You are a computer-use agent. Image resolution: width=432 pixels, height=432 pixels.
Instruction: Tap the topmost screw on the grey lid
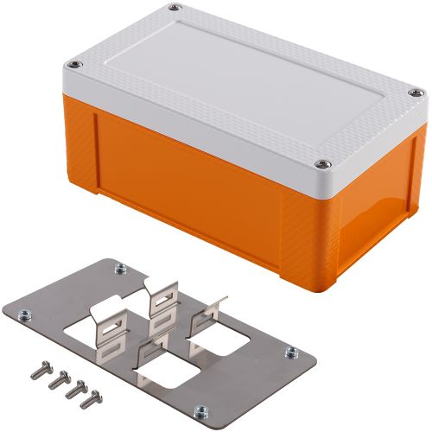tap(175, 9)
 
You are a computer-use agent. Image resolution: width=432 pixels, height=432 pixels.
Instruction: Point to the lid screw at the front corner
tap(324, 161)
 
